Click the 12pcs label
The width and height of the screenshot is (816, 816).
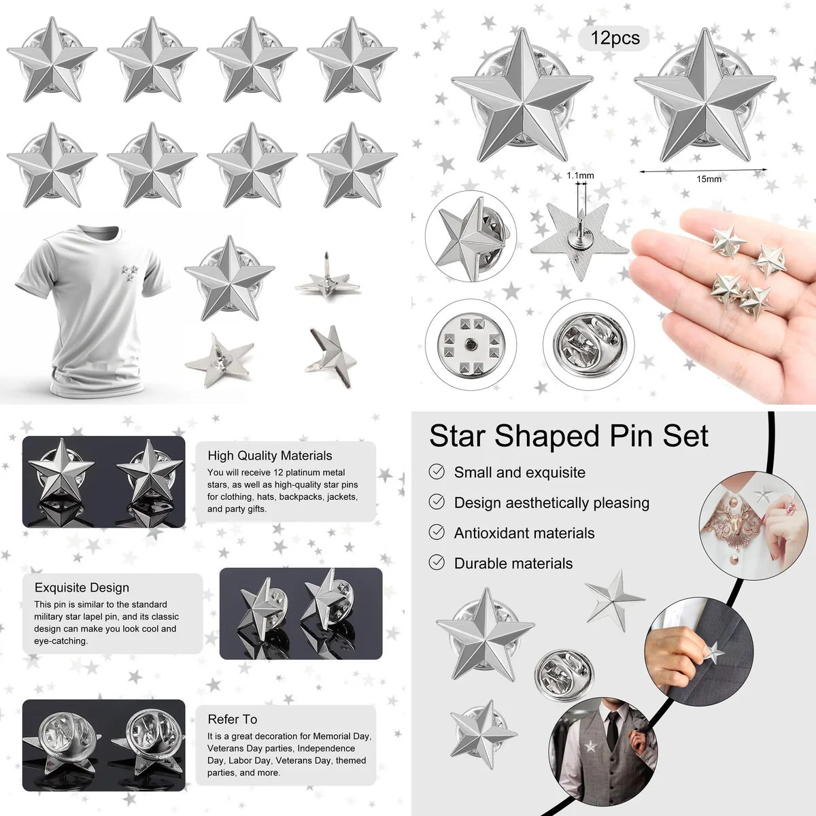(615, 38)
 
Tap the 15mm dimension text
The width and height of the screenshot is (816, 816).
(709, 179)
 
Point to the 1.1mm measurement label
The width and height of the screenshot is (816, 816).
(580, 175)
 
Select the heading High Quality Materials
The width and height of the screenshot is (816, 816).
(270, 456)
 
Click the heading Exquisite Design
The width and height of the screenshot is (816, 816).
(82, 588)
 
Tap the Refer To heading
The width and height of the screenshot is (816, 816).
(233, 719)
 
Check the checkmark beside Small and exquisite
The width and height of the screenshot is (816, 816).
(437, 472)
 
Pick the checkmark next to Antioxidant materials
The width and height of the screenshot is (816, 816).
(437, 532)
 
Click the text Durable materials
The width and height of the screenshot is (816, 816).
(513, 563)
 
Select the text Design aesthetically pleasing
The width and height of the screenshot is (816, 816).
(551, 503)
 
